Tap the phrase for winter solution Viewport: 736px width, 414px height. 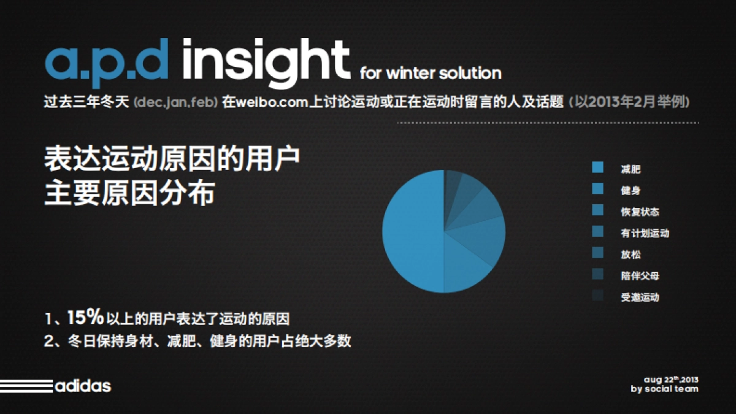pyautogui.click(x=431, y=73)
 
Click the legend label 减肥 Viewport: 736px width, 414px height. pyautogui.click(x=631, y=169)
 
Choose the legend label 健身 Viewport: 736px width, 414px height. pyautogui.click(x=631, y=191)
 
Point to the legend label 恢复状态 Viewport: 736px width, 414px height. pyautogui.click(x=640, y=212)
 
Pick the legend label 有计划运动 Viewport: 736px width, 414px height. pyautogui.click(x=645, y=233)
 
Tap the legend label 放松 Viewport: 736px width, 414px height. pyautogui.click(x=631, y=255)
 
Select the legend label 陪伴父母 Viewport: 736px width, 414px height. pyautogui.click(x=640, y=276)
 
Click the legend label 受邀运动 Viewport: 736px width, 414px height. pyautogui.click(x=640, y=297)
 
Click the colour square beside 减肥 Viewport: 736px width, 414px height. pyautogui.click(x=598, y=167)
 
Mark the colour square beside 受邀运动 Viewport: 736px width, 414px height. pyautogui.click(x=598, y=296)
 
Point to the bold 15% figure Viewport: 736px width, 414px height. pyautogui.click(x=85, y=318)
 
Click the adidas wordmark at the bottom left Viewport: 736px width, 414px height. pyautogui.click(x=83, y=386)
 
